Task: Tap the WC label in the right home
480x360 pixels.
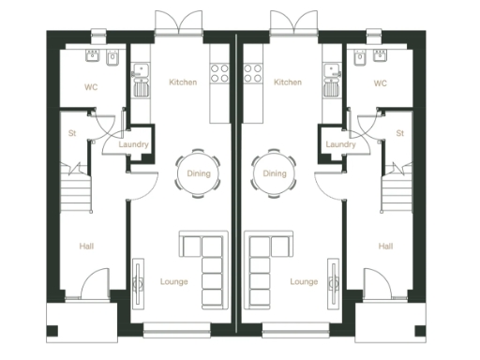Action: point(380,82)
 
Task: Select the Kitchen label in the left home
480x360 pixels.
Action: point(183,82)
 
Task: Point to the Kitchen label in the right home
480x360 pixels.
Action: point(288,82)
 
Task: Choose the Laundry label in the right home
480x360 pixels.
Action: point(338,144)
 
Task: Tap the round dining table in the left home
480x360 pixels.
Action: point(196,173)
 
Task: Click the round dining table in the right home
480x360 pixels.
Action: point(275,173)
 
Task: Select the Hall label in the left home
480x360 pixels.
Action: point(86,246)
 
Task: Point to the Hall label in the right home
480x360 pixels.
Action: point(384,246)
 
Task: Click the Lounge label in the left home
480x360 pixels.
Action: point(175,280)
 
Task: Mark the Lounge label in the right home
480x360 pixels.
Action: point(304,280)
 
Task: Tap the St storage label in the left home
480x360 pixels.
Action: point(71,133)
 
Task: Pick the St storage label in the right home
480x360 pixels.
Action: point(399,133)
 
